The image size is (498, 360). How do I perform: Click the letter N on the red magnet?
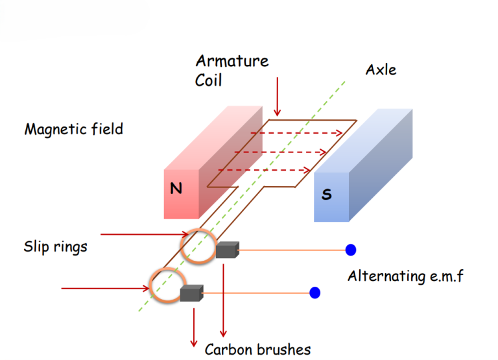pos(176,188)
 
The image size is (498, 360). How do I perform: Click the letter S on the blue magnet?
pos(326,194)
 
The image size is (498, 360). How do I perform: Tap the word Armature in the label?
pos(231,62)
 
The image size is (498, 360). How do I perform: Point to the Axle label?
pos(381,70)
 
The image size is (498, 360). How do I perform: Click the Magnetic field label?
pos(73,129)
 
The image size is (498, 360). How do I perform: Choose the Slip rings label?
pos(55,247)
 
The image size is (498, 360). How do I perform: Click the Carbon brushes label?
pos(257,350)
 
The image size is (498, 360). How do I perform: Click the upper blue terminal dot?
pos(351,250)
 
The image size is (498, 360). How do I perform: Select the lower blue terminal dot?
pos(315,293)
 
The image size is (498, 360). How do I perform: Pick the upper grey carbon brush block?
pos(228,250)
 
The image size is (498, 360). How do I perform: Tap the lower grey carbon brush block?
pos(192,293)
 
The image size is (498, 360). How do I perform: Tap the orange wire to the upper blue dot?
pos(292,250)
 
